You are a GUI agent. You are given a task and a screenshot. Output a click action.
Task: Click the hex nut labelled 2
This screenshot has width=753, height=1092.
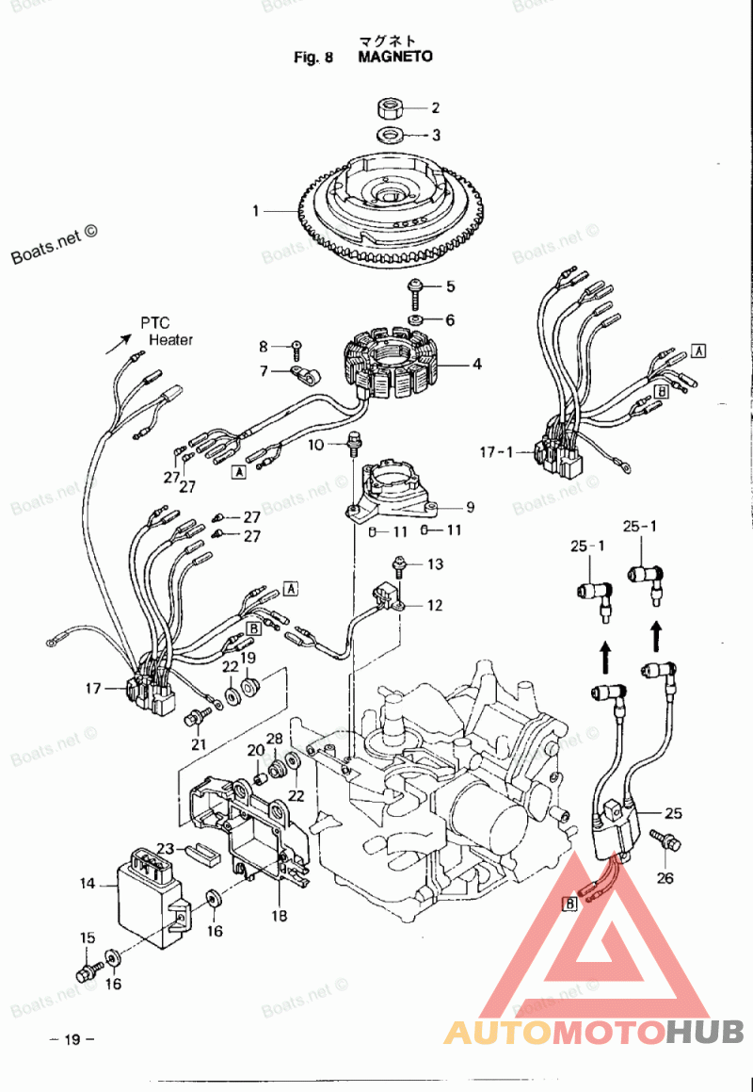point(389,108)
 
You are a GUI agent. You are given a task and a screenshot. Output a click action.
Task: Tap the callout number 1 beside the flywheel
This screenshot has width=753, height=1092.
point(256,210)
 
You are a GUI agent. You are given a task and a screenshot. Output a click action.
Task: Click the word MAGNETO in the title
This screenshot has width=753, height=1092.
point(395,57)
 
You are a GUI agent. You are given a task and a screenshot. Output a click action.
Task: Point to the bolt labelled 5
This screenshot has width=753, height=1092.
point(415,291)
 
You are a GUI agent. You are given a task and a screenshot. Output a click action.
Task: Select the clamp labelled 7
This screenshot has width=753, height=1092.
point(306,375)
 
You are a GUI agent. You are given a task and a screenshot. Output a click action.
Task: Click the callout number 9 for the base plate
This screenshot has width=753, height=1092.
point(471,507)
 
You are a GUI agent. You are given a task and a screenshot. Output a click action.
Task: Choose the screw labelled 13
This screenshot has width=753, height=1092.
point(399,566)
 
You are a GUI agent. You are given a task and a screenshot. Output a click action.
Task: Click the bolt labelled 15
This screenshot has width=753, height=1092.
point(87,971)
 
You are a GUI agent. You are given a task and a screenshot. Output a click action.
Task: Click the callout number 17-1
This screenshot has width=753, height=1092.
point(496,452)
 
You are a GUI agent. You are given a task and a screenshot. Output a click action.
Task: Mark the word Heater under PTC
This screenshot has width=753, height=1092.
point(171,340)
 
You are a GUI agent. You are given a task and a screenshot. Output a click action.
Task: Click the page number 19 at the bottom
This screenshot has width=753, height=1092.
point(72,1040)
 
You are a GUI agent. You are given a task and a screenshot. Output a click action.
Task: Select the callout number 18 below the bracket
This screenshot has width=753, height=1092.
point(279,915)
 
